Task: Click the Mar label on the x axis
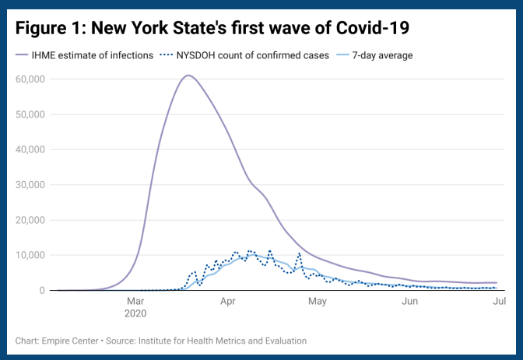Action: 135,300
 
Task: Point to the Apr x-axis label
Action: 227,300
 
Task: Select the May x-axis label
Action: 317,300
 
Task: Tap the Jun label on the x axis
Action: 410,300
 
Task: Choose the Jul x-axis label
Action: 500,300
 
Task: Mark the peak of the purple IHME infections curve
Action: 188,75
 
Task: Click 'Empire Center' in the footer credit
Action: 70,341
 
